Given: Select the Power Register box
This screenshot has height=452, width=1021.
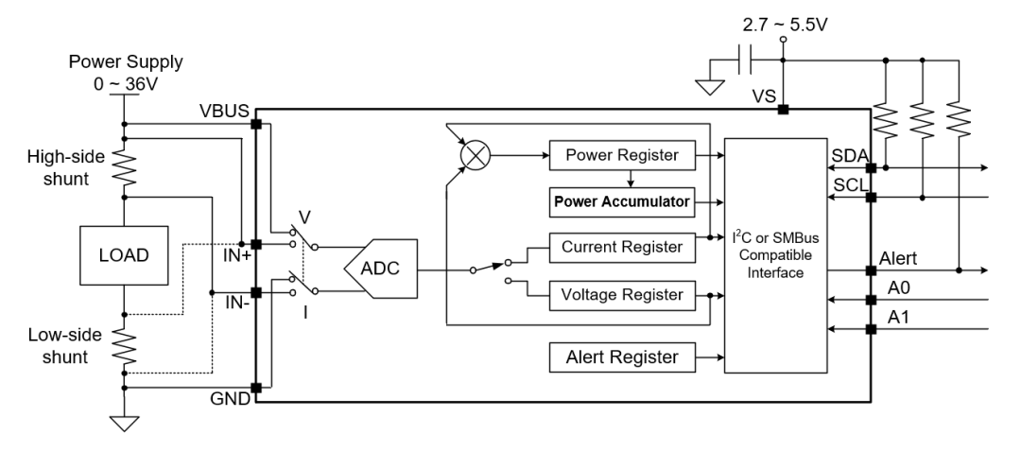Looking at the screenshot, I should (x=622, y=153).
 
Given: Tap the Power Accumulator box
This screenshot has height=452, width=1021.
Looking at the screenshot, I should (x=622, y=200).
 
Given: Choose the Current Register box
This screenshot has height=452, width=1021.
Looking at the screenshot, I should (x=622, y=247).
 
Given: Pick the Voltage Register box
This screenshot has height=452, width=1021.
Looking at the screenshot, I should (x=622, y=294).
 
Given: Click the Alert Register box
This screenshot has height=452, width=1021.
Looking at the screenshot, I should (x=622, y=357).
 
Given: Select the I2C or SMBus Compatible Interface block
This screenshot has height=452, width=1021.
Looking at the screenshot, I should (x=775, y=255).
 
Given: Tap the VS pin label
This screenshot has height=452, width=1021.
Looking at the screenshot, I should (x=764, y=96).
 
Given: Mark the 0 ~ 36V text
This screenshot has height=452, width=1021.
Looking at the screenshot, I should (x=124, y=82).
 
